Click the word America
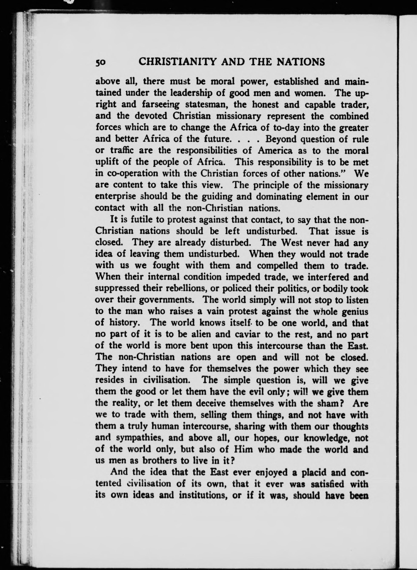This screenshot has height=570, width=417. (275, 151)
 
